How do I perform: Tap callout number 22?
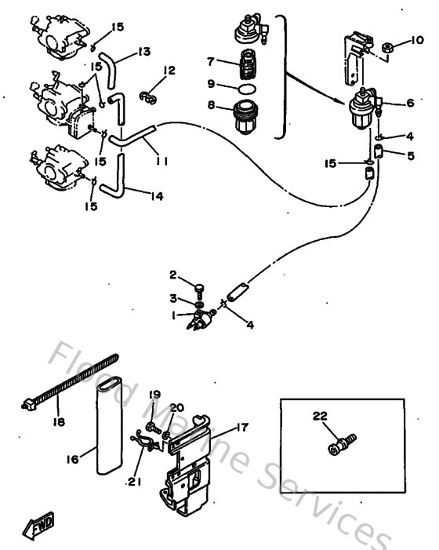pos(318,416)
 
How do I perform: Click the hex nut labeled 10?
pos(388,50)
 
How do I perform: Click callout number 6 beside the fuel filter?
pos(409,103)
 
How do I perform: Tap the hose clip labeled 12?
pos(149,97)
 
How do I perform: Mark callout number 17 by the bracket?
pos(242,428)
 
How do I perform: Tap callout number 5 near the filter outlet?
pos(409,155)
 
